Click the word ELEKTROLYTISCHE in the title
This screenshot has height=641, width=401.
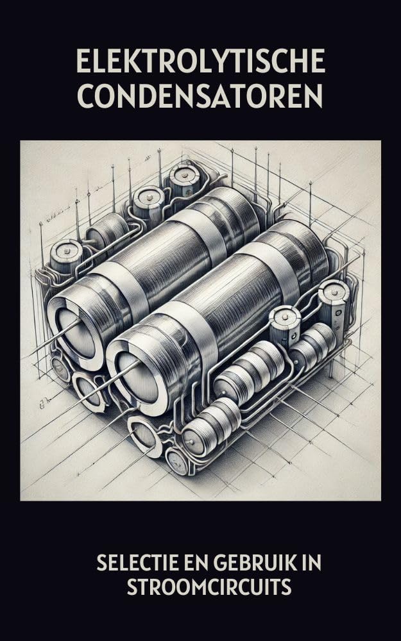(x=200, y=61)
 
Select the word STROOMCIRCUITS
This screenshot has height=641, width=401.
(x=209, y=587)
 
